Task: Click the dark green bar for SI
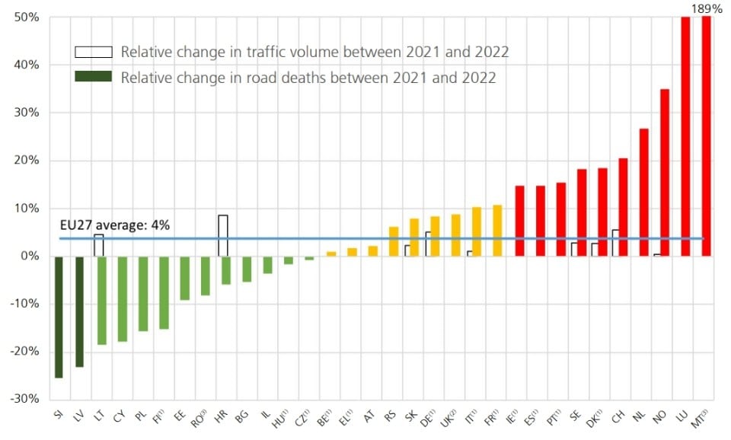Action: [59, 317]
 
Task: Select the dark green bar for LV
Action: [80, 311]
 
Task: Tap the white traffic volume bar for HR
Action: [222, 235]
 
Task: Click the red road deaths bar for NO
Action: [665, 173]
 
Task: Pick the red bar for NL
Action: [643, 193]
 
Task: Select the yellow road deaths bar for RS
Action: [394, 241]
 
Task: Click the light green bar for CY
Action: [122, 298]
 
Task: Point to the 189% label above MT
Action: [705, 9]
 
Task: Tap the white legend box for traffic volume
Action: [93, 52]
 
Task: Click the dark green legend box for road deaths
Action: [93, 77]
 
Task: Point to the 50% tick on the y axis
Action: [27, 18]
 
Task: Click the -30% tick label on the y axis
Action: [24, 399]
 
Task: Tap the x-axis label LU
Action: [682, 416]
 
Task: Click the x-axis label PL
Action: [140, 416]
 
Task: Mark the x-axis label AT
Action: [369, 416]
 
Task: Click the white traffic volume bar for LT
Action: [98, 245]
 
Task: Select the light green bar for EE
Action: [184, 278]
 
